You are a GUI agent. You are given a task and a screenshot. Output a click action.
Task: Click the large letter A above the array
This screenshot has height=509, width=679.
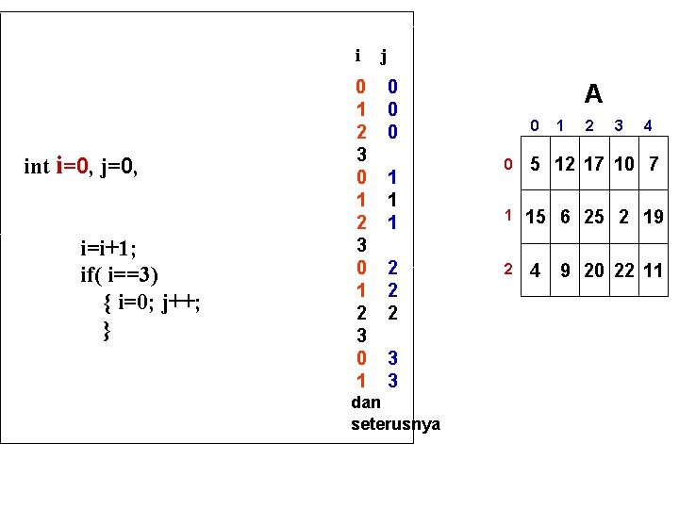click(593, 93)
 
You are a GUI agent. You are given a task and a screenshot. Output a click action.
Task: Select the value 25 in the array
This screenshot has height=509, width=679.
click(594, 217)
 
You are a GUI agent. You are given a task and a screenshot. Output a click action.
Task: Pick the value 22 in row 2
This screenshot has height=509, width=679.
click(623, 271)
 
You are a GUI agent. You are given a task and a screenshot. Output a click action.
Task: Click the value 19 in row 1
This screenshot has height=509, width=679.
click(654, 217)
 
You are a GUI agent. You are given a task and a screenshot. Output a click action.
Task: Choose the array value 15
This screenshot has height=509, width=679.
click(536, 217)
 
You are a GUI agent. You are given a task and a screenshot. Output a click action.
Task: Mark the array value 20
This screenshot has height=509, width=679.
click(594, 271)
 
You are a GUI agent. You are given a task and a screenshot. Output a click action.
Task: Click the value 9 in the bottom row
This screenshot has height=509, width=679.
click(565, 271)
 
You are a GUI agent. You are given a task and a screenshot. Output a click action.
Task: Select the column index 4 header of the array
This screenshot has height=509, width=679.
click(648, 124)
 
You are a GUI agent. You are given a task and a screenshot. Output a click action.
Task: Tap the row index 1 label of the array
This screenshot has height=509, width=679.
click(506, 216)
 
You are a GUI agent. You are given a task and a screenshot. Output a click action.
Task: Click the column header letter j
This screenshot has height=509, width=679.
click(384, 57)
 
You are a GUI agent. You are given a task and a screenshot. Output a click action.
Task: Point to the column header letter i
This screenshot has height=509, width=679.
click(356, 56)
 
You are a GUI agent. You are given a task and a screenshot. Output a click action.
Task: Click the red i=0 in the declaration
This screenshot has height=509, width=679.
click(75, 167)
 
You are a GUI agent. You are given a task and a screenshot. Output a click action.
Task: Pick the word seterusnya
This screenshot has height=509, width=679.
click(394, 424)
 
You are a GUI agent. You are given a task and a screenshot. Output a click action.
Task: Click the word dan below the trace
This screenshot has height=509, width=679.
click(365, 402)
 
